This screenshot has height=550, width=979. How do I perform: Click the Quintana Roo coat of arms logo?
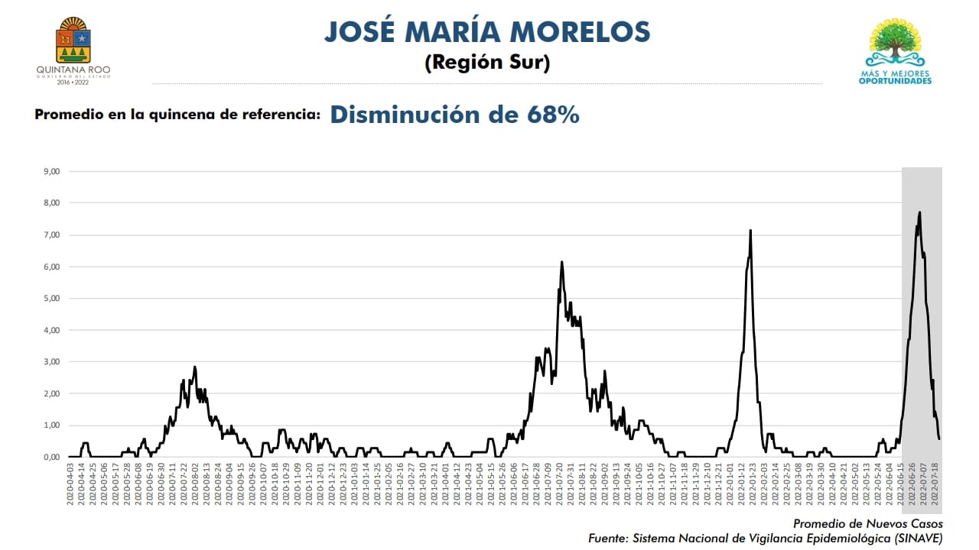(x=73, y=42)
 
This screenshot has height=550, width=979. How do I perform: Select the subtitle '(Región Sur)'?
(x=487, y=63)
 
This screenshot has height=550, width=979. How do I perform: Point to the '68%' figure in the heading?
(x=552, y=115)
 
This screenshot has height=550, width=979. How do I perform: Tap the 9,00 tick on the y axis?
(x=51, y=171)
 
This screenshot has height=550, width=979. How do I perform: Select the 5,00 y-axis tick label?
(x=51, y=298)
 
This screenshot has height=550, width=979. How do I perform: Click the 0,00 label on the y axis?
(x=51, y=457)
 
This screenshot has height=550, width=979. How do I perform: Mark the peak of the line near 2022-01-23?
(x=750, y=230)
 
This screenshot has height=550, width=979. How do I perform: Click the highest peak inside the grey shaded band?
(x=919, y=212)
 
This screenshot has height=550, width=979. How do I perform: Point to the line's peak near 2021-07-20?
(x=562, y=262)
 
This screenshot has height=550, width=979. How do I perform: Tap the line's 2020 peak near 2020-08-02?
(x=195, y=367)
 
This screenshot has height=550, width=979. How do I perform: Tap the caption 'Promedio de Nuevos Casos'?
(x=867, y=524)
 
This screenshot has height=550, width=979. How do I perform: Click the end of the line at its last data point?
(x=939, y=438)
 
